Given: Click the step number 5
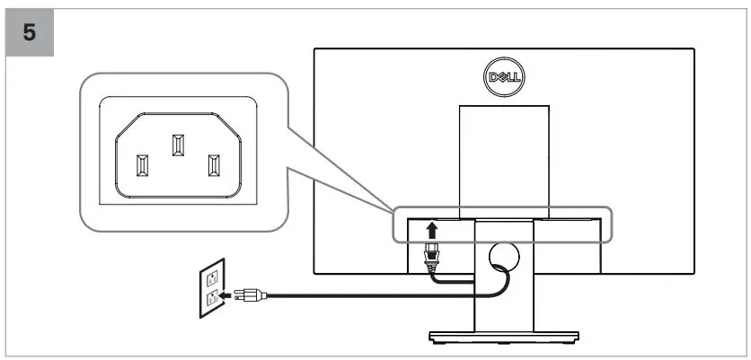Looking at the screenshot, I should pos(30,33).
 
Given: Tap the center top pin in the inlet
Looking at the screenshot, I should pos(176,144).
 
